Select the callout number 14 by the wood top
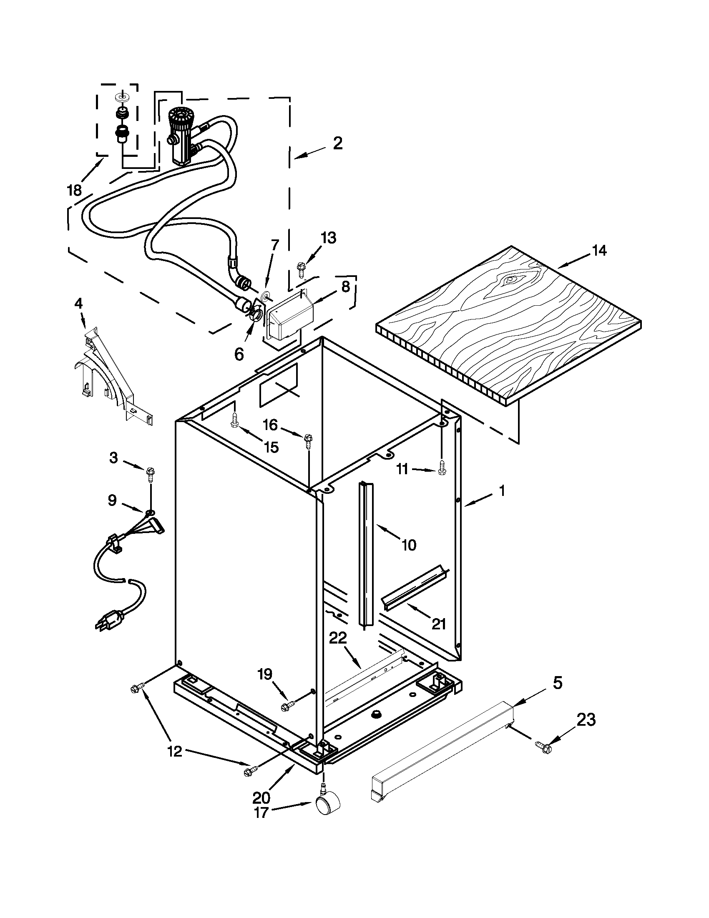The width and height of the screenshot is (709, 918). (x=599, y=251)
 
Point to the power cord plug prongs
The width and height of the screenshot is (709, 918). (x=101, y=626)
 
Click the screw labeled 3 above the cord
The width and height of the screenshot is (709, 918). (x=150, y=474)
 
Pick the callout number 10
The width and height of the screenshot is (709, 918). (x=408, y=545)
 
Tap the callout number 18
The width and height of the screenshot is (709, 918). (x=74, y=191)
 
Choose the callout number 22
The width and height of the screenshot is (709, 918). (x=338, y=639)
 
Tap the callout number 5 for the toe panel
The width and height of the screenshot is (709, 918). (x=557, y=683)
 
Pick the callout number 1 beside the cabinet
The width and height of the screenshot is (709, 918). (x=501, y=490)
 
